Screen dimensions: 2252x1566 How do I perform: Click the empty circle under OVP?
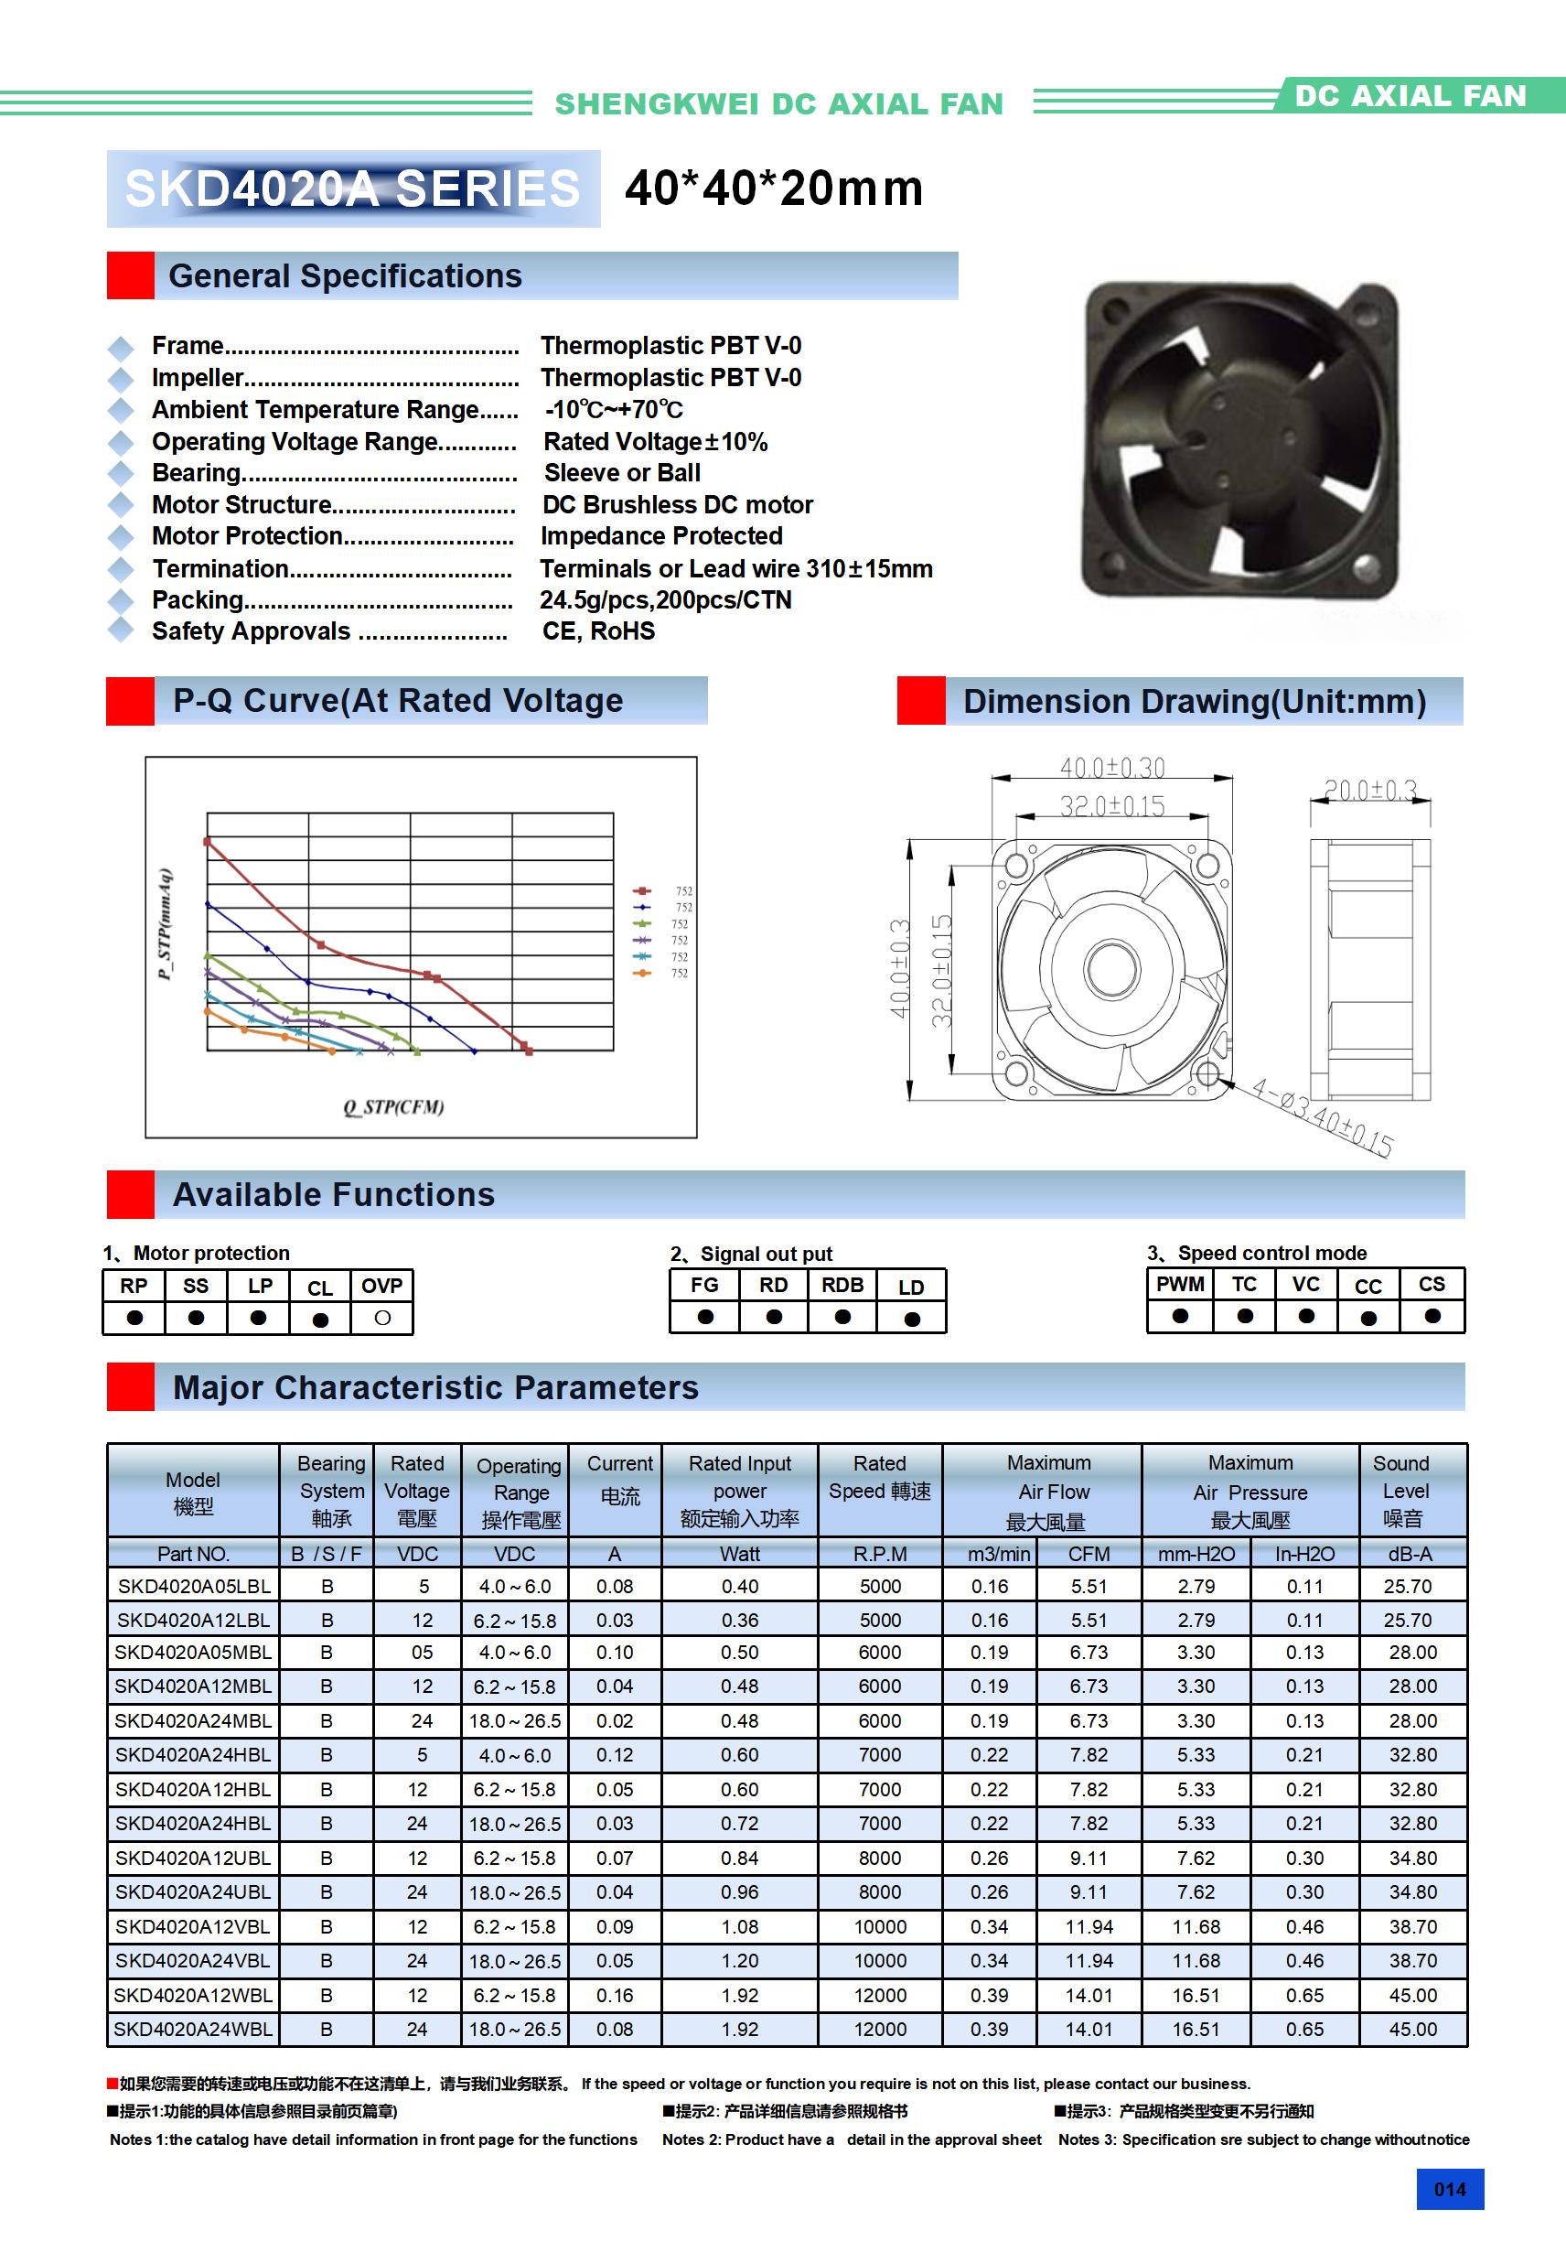(382, 1319)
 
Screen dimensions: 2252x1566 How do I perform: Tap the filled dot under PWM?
(1180, 1316)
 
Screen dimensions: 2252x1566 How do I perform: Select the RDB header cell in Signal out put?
(842, 1285)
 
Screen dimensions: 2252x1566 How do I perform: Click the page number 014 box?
(1449, 2189)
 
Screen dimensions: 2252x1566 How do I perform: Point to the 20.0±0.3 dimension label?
(1370, 791)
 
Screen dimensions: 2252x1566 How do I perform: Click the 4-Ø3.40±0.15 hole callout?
(1323, 1118)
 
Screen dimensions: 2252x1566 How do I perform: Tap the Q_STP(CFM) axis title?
(393, 1106)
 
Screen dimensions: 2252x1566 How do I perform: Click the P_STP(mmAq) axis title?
(166, 924)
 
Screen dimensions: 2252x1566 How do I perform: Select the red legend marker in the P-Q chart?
(642, 890)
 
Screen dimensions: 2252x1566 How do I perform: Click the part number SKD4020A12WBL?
(193, 1995)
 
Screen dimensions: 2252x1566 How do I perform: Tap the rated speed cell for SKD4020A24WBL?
(880, 2029)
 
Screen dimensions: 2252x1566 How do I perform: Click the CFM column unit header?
(1089, 1554)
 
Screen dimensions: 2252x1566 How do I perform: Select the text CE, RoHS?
(598, 630)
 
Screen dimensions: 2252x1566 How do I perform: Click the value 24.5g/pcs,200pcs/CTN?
(665, 599)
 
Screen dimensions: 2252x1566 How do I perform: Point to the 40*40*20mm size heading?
(774, 188)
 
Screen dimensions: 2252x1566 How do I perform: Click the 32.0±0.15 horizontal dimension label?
(1112, 806)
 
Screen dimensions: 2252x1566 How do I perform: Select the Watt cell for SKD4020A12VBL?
(739, 1926)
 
